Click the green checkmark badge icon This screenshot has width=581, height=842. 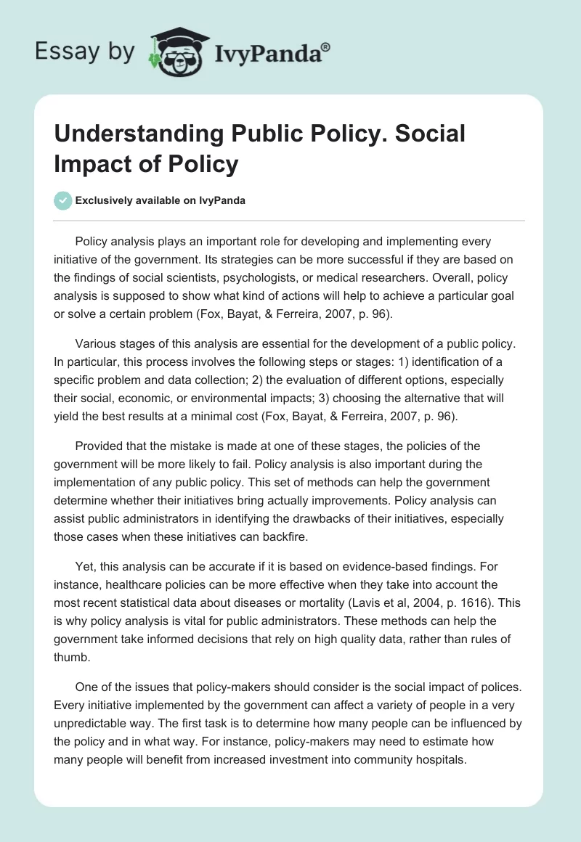[x=63, y=200]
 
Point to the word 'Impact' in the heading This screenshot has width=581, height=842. [x=95, y=164]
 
